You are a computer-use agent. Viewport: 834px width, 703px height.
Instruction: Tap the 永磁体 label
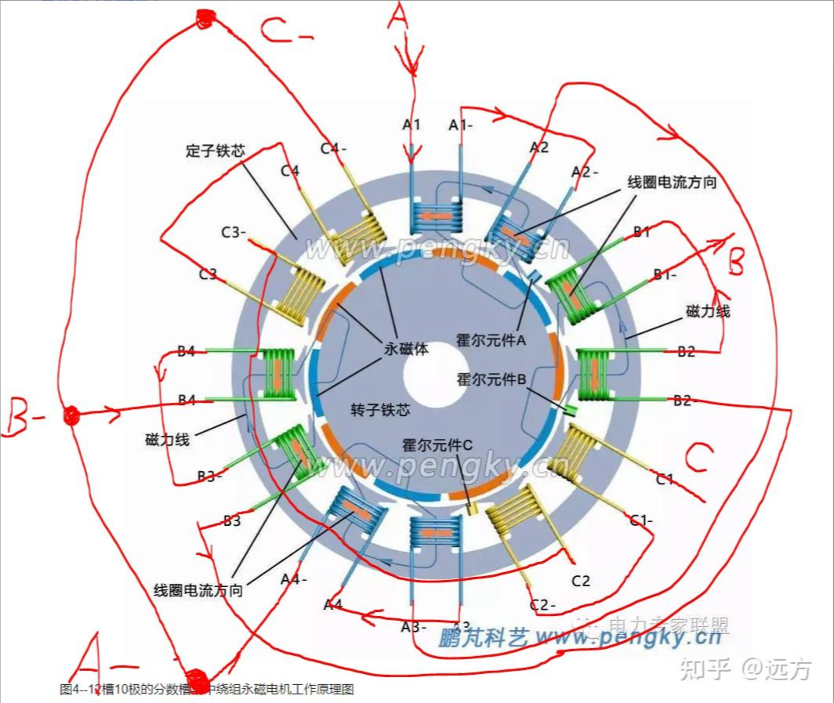tap(405, 350)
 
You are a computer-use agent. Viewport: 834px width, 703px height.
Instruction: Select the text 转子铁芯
tap(379, 410)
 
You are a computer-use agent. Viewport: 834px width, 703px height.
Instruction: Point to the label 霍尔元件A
tap(491, 342)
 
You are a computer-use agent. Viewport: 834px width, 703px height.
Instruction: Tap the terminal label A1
tap(412, 125)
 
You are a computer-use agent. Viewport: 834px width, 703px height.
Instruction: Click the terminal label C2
tap(581, 581)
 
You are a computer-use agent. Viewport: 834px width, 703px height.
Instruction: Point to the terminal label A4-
tap(294, 579)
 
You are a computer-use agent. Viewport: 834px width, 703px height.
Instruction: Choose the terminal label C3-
tap(234, 233)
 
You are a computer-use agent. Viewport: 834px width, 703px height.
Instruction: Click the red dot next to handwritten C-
tap(205, 19)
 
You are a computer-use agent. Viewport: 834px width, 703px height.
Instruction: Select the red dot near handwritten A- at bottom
tap(194, 676)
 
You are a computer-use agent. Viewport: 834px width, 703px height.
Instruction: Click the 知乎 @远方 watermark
tap(745, 669)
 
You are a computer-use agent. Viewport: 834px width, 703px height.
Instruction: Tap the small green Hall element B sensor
tap(570, 411)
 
